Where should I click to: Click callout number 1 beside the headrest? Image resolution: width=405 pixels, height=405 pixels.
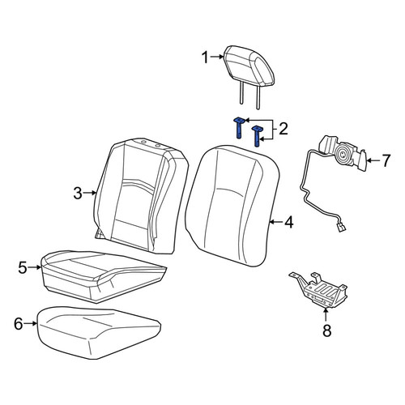pos(205,58)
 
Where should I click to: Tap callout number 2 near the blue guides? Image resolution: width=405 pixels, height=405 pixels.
pos(283,129)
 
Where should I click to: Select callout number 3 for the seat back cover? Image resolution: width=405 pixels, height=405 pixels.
pos(78,194)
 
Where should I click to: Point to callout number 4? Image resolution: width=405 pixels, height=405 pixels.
pos(289,223)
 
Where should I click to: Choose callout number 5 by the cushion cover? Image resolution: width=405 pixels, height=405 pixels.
pos(23,268)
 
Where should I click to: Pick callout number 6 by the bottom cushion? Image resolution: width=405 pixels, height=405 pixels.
pos(19,324)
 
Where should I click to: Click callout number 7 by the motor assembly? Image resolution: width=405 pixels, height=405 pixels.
pos(386,160)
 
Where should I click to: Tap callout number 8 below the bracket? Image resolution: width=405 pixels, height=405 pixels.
pos(327,330)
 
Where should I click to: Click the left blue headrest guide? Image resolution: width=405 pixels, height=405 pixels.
pos(239,127)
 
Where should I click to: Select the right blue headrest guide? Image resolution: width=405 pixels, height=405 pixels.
pos(257,136)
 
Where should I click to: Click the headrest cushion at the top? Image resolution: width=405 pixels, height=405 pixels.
pos(250,66)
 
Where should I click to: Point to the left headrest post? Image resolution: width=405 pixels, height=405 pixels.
pos(241,92)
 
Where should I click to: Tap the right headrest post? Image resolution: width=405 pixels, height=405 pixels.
pos(258,98)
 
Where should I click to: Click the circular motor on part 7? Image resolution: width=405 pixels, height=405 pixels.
pos(342,155)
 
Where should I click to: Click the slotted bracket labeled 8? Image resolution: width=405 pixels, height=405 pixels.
pos(320,290)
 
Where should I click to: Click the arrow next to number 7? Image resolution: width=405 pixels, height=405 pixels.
pos(373,160)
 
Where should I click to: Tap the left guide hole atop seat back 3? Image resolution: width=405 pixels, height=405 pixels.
pos(143,142)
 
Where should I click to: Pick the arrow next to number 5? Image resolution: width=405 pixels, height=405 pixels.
pos(35,267)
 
